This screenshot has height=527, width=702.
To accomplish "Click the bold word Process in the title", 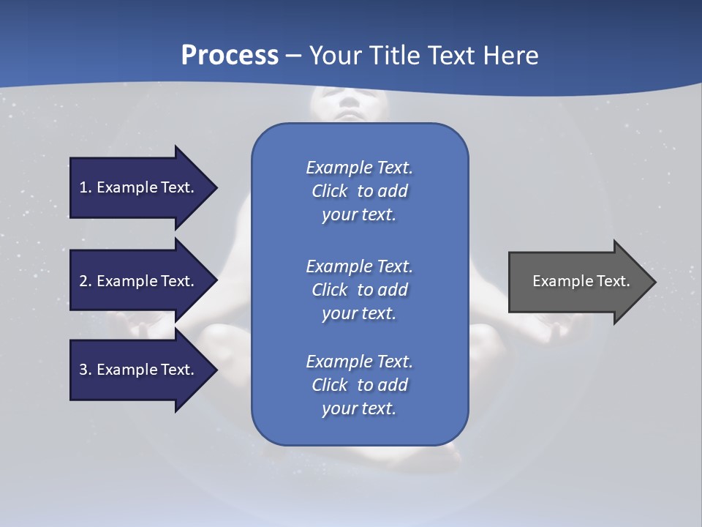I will pyautogui.click(x=230, y=56).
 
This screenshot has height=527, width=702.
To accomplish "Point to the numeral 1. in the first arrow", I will pyautogui.click(x=86, y=187).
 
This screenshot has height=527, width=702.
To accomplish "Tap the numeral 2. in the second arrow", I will pyautogui.click(x=86, y=281).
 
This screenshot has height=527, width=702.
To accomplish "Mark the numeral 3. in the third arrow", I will pyautogui.click(x=86, y=370).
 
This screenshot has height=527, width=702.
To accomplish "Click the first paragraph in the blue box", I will pyautogui.click(x=359, y=191).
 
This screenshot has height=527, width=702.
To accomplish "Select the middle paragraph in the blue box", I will pyautogui.click(x=359, y=289).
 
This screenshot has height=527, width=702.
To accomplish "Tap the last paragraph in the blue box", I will pyautogui.click(x=359, y=385).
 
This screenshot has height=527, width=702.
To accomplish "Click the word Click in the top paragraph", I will pyautogui.click(x=329, y=191).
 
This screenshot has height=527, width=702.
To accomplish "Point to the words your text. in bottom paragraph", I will pyautogui.click(x=359, y=408).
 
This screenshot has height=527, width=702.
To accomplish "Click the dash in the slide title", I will pyautogui.click(x=294, y=56).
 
